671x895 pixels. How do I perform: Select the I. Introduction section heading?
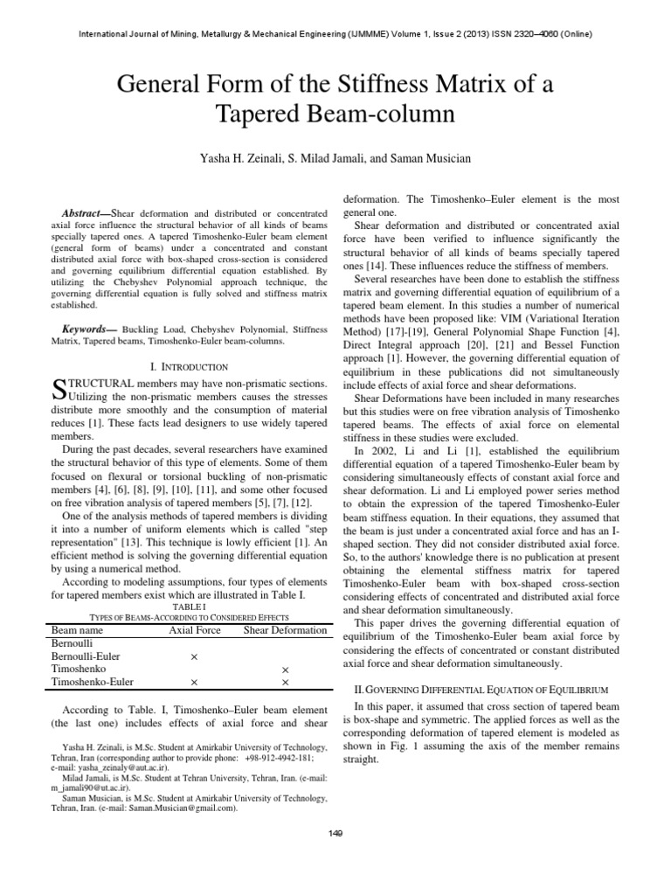pyautogui.click(x=189, y=367)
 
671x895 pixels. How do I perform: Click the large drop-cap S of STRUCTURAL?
pyautogui.click(x=59, y=391)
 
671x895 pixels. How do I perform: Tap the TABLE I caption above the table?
pyautogui.click(x=189, y=603)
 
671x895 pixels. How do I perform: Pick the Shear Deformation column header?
pyautogui.click(x=285, y=629)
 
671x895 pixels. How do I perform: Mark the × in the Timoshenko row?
pyautogui.click(x=285, y=668)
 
